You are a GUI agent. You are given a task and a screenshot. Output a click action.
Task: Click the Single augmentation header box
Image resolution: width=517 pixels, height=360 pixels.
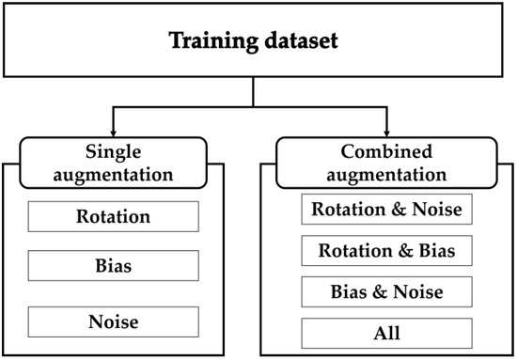[x=126, y=161]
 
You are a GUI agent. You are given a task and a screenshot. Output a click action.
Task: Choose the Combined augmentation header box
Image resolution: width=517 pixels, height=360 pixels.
[x=386, y=161]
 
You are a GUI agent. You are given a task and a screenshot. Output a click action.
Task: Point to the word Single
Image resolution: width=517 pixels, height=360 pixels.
[x=126, y=150]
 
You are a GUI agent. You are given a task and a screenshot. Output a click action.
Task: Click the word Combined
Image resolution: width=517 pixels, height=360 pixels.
[x=386, y=150]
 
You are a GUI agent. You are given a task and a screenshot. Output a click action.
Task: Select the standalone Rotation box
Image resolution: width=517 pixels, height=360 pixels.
[x=113, y=217]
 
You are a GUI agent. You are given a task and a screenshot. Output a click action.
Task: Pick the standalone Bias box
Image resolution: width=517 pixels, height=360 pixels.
[x=113, y=267]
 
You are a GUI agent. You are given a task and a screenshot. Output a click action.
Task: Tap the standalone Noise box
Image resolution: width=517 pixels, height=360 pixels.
[x=113, y=322]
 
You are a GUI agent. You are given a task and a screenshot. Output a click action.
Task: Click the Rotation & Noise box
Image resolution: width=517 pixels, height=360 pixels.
[x=386, y=210]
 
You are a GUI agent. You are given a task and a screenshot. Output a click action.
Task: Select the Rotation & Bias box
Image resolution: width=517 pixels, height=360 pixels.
[x=386, y=251]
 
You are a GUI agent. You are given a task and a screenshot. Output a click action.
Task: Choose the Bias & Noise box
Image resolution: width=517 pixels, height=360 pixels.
[x=386, y=292]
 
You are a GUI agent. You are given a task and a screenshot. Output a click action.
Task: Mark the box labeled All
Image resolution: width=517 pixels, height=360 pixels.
[x=386, y=333]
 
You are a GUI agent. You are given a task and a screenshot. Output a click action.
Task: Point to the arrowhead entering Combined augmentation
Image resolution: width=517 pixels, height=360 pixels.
[x=386, y=131]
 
